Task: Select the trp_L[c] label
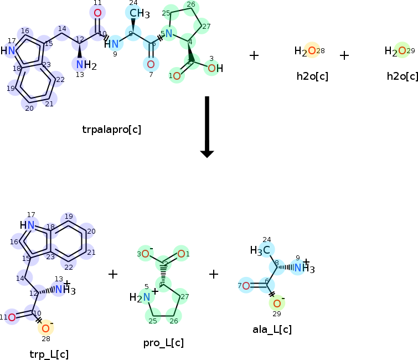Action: (x=49, y=354)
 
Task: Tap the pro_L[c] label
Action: (x=163, y=343)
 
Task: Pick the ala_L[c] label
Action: (x=272, y=330)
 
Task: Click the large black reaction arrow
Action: (x=207, y=127)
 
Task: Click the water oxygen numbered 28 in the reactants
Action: (x=312, y=51)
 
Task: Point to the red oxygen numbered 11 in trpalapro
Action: (x=97, y=13)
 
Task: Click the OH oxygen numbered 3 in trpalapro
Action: (x=212, y=68)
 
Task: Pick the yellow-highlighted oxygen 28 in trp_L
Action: (x=45, y=328)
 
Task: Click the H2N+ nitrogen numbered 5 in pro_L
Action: (x=146, y=297)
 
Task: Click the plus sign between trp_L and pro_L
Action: (x=113, y=274)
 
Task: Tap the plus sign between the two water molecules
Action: (x=344, y=55)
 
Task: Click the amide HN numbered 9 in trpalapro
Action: (x=113, y=43)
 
